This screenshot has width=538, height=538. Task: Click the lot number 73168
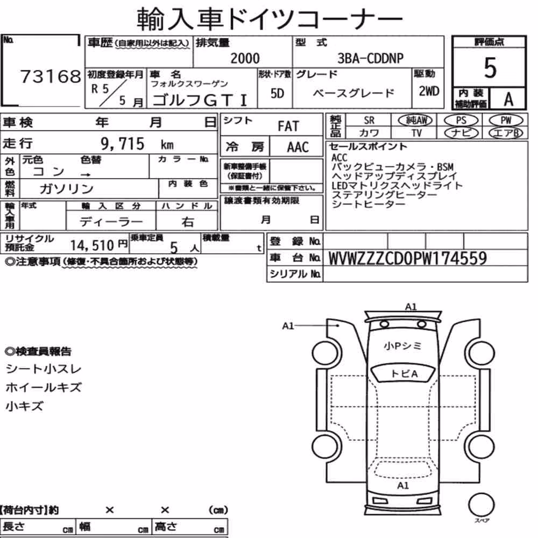coord(51,76)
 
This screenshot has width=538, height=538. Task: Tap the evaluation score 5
coord(490,68)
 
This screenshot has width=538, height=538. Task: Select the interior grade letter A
coord(508,99)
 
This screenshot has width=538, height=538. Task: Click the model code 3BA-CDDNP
coord(370,58)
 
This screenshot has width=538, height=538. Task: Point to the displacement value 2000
coord(245,58)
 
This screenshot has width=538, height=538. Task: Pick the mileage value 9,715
coord(123,144)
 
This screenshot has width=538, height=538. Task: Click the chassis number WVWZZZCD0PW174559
coord(408,258)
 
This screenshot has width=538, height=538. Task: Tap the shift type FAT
coord(288,126)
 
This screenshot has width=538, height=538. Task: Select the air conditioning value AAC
coord(298,147)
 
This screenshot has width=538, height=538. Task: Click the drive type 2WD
coord(429,91)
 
